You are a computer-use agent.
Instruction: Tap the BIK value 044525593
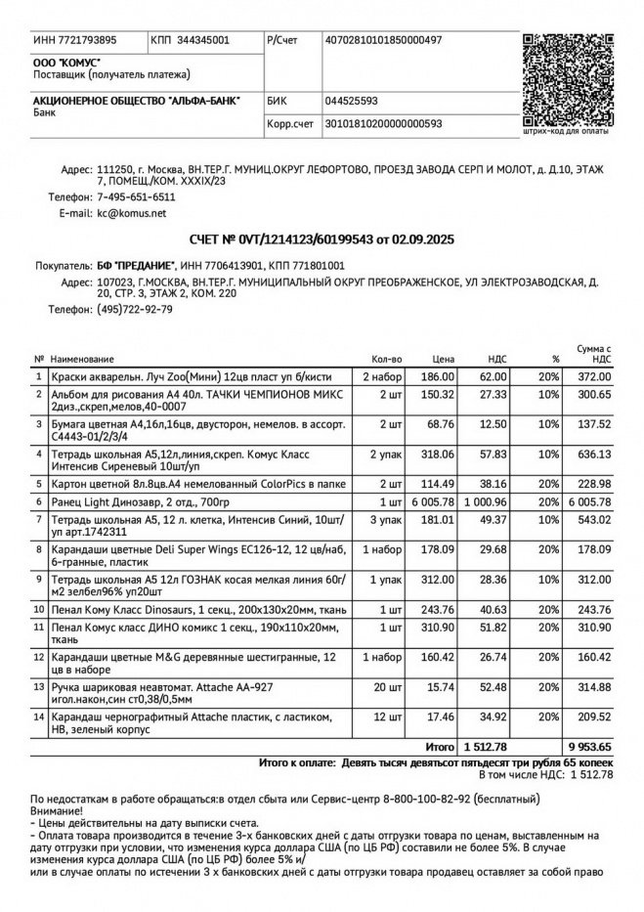pos(352,101)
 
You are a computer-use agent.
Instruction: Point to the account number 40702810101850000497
pos(383,40)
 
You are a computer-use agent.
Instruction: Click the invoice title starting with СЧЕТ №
pos(322,239)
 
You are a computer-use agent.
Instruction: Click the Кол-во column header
pos(387,359)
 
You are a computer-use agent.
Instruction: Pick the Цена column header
pos(444,359)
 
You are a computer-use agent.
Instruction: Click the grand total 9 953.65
pos(589,746)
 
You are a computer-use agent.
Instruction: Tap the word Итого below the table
pos(440,746)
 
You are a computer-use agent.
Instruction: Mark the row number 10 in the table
pos(38,609)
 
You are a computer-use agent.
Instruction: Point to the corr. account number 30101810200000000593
pos(383,124)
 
